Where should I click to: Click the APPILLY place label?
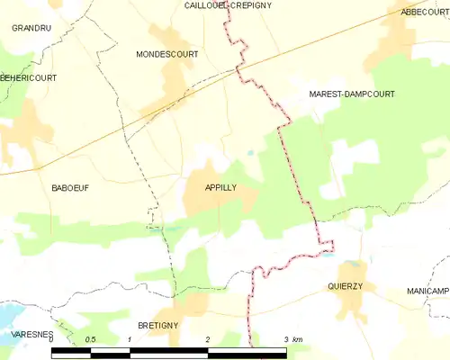(x=220, y=187)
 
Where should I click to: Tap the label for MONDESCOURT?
(x=166, y=54)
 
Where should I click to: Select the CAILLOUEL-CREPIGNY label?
(x=228, y=5)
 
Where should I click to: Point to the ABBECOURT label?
(x=424, y=12)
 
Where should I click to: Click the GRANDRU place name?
(x=30, y=29)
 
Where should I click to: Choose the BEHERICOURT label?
(x=28, y=78)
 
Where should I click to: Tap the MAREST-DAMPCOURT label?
(x=351, y=94)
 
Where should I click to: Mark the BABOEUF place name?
(x=71, y=187)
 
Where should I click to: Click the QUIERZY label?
(x=345, y=287)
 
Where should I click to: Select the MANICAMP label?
(x=427, y=292)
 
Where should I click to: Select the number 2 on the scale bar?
(x=208, y=339)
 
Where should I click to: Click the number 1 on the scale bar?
(x=130, y=339)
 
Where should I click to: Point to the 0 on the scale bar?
(x=52, y=339)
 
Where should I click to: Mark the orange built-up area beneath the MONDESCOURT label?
(x=175, y=85)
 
